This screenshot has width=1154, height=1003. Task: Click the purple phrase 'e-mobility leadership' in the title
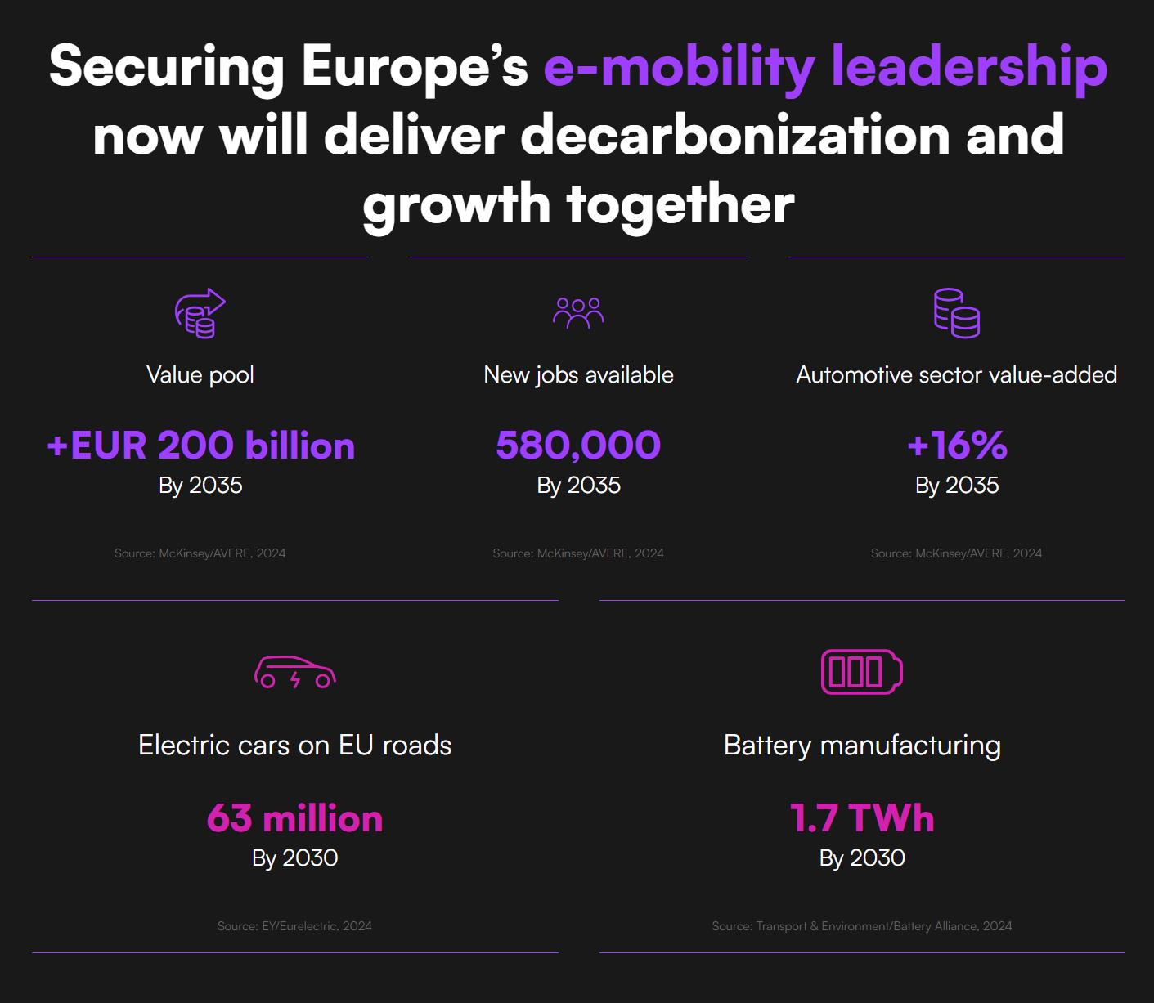tap(825, 67)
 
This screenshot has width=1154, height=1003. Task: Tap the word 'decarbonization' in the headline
tap(734, 136)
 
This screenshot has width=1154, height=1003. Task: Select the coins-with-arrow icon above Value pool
tap(200, 312)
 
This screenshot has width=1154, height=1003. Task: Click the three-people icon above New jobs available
tap(578, 312)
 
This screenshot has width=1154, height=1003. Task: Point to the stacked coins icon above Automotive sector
tap(956, 312)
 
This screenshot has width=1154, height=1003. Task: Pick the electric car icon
tap(295, 672)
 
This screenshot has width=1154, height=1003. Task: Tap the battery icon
tap(861, 672)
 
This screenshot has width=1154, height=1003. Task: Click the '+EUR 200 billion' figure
tap(200, 446)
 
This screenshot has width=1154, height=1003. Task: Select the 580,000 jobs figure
tap(578, 446)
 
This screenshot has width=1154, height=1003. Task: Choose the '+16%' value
tap(957, 446)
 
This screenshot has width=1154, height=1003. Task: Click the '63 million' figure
tap(294, 818)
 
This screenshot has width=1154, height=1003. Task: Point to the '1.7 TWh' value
tap(862, 818)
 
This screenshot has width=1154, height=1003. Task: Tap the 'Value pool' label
tap(200, 374)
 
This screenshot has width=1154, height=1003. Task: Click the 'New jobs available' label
tap(578, 374)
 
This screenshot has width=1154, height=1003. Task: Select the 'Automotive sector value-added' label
tap(957, 374)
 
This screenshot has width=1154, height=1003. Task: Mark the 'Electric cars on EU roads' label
tap(294, 745)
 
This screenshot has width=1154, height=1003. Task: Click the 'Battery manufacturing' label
tap(862, 745)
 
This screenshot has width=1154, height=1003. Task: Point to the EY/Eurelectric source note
tap(294, 926)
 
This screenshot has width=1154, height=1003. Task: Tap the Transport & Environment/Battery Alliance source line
tap(862, 926)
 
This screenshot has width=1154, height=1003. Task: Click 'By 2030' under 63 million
tap(294, 857)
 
